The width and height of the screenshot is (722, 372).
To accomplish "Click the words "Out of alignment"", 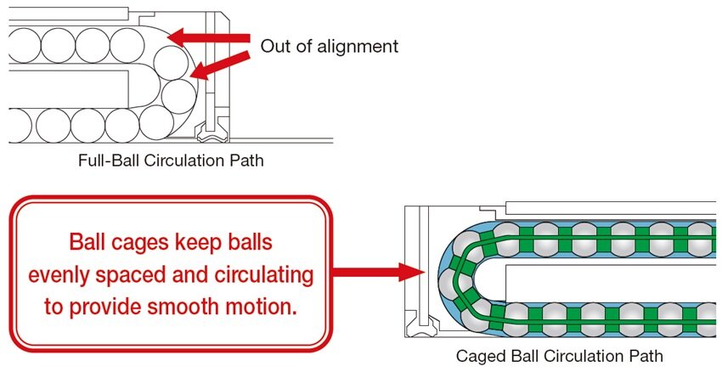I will point(329,46).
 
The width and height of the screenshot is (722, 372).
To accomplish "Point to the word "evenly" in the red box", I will point(62,276).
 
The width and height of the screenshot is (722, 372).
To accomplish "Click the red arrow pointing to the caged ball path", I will point(378,273).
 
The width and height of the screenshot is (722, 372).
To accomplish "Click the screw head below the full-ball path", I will point(207,134).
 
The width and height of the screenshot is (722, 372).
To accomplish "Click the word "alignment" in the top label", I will point(358,46).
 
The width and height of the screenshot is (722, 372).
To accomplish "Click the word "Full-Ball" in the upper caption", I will point(104,160).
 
